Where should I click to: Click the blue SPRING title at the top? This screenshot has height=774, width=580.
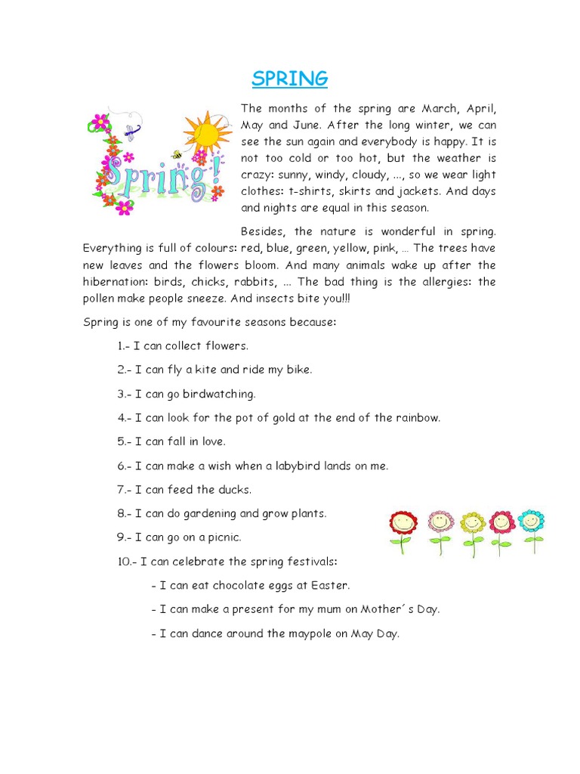click(x=290, y=78)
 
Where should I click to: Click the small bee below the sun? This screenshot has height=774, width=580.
click(x=178, y=154)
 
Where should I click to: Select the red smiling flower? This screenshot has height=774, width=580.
click(x=403, y=524)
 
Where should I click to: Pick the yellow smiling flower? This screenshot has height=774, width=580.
click(x=473, y=524)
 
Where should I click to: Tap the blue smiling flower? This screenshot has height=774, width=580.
click(x=532, y=522)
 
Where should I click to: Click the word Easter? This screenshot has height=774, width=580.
click(x=332, y=585)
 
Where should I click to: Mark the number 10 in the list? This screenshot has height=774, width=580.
click(x=123, y=562)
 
